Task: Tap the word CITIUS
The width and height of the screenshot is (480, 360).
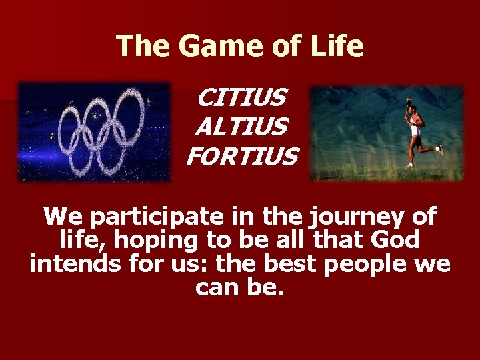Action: coord(241,98)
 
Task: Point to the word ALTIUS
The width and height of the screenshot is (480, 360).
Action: coord(241,127)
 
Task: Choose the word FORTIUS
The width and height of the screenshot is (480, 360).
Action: coord(241,157)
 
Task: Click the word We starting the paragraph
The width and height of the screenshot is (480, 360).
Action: coord(65,216)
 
